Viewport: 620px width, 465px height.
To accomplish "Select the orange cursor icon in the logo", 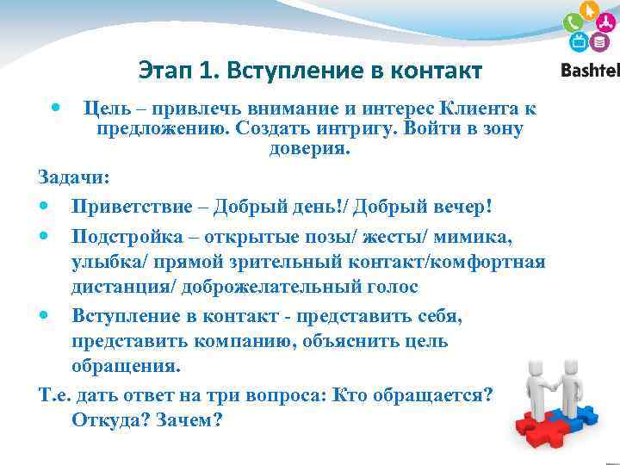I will pos(590,11).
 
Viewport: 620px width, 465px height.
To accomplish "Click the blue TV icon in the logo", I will pos(579,42).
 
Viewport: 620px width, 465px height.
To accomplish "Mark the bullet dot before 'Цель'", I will pos(55,108).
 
